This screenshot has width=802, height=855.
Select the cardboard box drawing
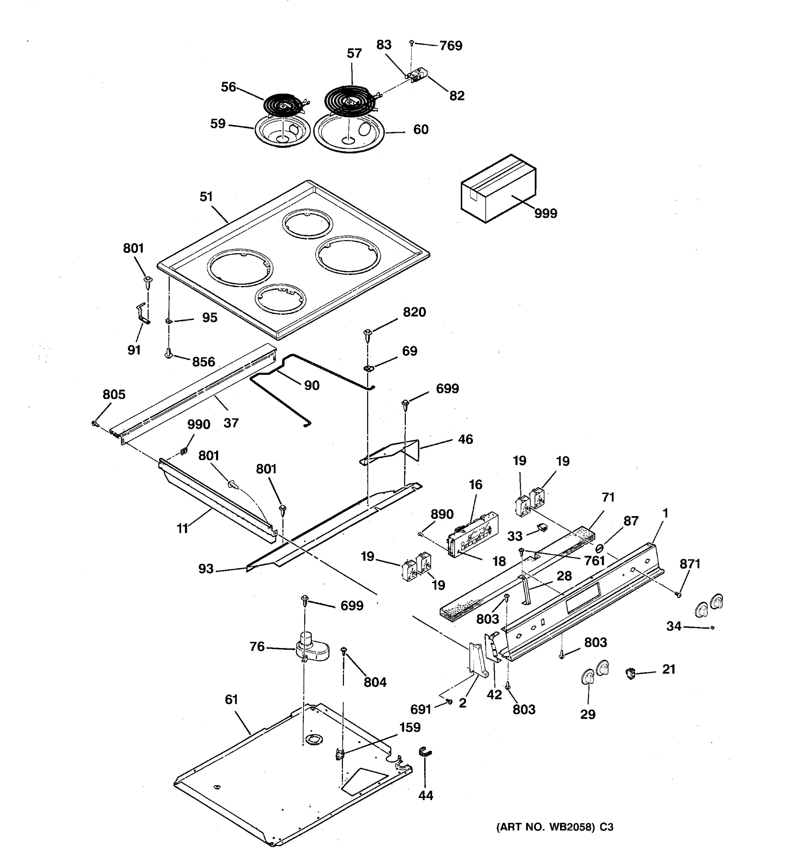click(x=498, y=189)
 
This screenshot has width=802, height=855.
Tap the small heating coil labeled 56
click(x=283, y=104)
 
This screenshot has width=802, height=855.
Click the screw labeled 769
click(x=412, y=43)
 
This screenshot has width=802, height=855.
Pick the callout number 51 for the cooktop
click(x=206, y=197)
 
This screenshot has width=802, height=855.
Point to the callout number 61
click(x=231, y=700)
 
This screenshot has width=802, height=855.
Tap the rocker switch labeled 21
click(x=631, y=673)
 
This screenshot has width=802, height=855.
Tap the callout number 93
click(x=206, y=569)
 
